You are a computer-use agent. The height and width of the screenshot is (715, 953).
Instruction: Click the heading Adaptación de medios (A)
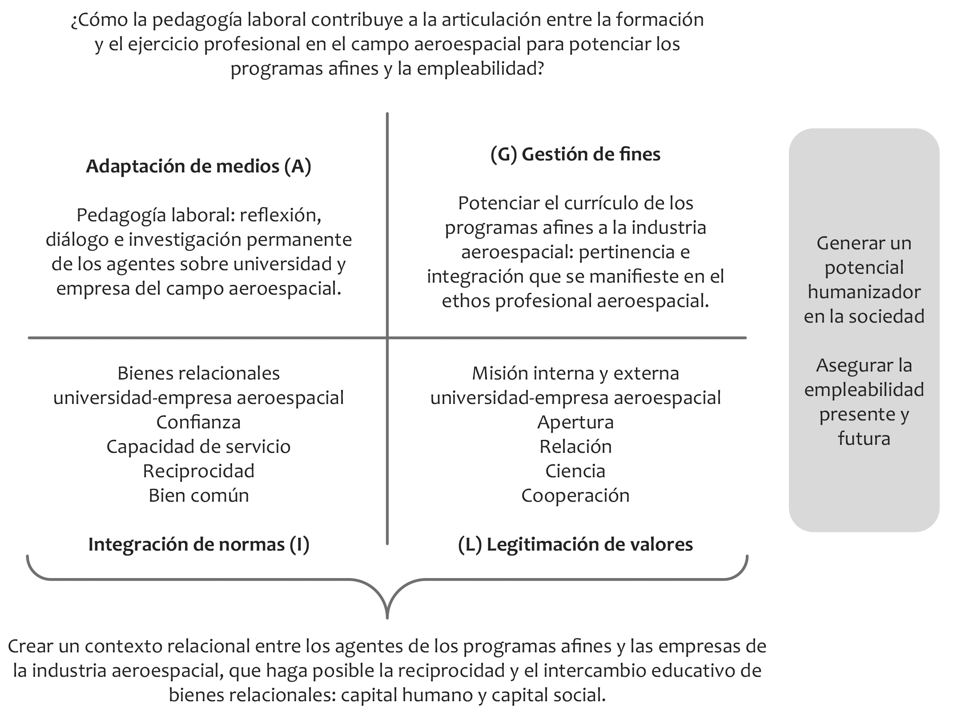click(x=198, y=167)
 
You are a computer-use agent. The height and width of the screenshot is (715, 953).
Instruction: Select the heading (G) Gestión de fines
click(x=575, y=155)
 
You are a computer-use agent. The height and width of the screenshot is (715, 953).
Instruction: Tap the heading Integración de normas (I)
click(x=198, y=545)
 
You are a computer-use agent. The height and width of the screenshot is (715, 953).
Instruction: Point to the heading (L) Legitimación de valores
click(x=575, y=545)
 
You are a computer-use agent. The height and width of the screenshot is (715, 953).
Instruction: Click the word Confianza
click(x=198, y=422)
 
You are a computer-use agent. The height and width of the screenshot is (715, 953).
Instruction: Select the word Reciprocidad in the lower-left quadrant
click(x=198, y=471)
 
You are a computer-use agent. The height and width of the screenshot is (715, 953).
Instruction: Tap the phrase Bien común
click(x=198, y=495)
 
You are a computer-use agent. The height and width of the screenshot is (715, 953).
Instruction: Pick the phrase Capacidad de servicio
click(x=198, y=447)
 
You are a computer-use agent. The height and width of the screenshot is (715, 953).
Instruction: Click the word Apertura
click(x=575, y=422)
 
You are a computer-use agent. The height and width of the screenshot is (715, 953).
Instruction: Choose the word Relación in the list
click(x=575, y=447)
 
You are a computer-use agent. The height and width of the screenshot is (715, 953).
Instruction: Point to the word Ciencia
click(x=575, y=471)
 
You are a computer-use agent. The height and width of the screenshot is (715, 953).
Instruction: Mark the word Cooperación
click(x=575, y=495)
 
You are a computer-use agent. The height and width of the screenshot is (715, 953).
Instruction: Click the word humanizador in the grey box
click(x=864, y=292)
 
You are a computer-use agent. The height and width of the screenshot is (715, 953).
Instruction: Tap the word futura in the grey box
click(x=864, y=439)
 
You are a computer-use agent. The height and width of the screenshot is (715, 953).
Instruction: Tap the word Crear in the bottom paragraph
click(x=30, y=647)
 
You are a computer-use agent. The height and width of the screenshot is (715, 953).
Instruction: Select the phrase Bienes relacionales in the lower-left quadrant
click(x=198, y=373)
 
